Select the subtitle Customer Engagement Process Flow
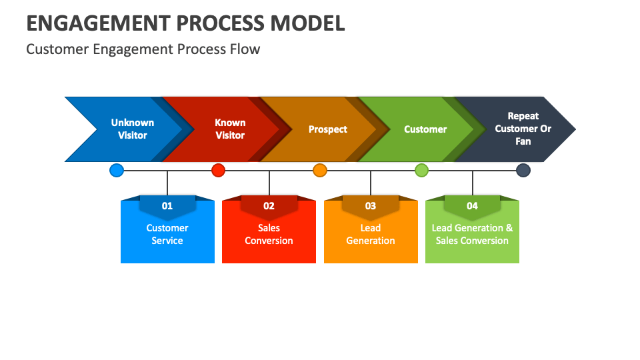[x=143, y=49]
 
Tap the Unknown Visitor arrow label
[x=133, y=129]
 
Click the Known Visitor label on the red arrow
[x=230, y=129]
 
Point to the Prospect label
[x=327, y=129]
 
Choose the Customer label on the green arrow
[x=425, y=129]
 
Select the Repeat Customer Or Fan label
[x=523, y=129]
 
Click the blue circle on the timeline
[x=117, y=171]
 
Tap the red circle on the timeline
[x=218, y=171]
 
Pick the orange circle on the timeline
[x=320, y=171]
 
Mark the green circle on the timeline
[x=421, y=171]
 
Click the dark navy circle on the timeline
[x=523, y=171]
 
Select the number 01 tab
[x=167, y=206]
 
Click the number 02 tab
[x=269, y=206]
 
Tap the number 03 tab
[x=371, y=206]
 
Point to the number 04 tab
[x=472, y=206]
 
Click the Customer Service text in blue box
[x=167, y=235]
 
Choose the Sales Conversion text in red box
[x=269, y=235]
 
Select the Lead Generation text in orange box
[x=371, y=235]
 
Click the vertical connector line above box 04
[x=473, y=183]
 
